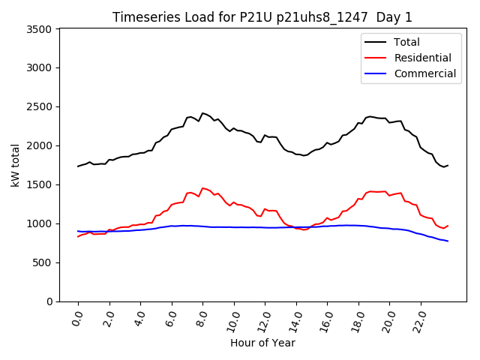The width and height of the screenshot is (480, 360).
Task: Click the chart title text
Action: [x=262, y=17]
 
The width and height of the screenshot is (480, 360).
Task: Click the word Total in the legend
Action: [x=406, y=42]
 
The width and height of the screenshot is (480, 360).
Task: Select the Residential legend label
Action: [x=422, y=58]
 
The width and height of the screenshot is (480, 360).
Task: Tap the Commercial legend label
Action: [x=424, y=73]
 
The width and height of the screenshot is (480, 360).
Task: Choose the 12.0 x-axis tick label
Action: [x=263, y=319]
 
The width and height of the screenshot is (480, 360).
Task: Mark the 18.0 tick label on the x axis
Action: [x=357, y=319]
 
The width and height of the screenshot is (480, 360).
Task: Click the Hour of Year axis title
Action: [x=262, y=343]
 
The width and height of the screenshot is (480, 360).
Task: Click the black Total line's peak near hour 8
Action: [x=202, y=112]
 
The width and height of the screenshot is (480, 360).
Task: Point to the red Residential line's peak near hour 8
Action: [x=202, y=188]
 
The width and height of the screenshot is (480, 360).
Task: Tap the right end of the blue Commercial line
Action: [x=448, y=241]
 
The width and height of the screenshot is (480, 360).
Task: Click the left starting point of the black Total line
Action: [x=78, y=166]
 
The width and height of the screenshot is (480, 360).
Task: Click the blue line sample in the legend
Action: [x=376, y=73]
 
